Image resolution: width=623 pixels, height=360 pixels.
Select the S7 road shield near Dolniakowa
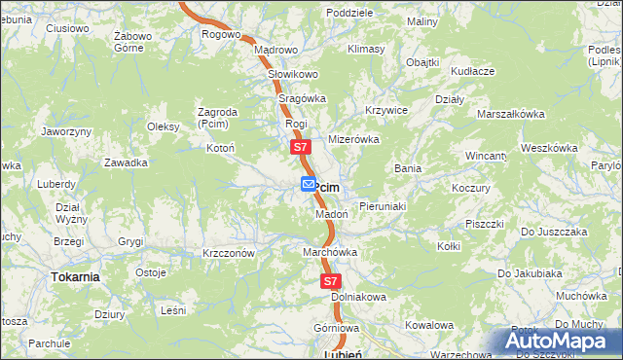tap(331, 281)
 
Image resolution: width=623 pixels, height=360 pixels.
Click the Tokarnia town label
tap(75, 277)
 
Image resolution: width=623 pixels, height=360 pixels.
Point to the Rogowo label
tap(221, 34)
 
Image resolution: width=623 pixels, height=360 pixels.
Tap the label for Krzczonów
tap(229, 253)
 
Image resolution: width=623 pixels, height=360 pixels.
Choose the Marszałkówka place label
tap(510, 114)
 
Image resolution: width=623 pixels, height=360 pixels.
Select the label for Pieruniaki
tap(383, 207)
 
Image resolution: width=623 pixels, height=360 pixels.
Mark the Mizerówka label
tap(353, 140)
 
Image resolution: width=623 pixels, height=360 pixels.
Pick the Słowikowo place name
tap(293, 74)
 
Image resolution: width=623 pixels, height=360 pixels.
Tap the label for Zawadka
tap(126, 162)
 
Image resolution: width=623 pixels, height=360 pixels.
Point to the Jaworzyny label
tap(67, 131)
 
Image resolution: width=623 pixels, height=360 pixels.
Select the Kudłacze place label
tap(473, 71)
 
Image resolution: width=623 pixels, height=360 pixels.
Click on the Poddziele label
tap(350, 13)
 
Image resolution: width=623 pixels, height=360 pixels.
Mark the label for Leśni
tap(173, 310)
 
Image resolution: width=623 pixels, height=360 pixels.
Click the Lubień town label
tap(342, 355)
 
